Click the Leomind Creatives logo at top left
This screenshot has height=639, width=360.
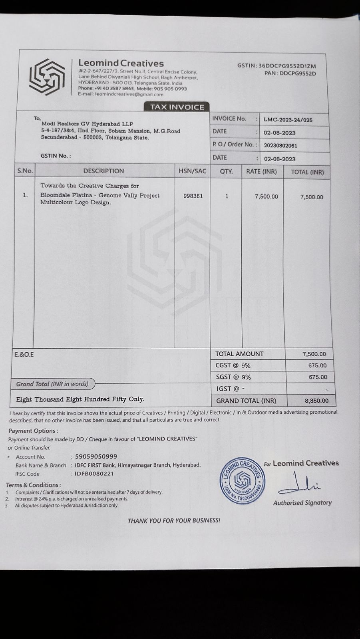[x=47, y=77]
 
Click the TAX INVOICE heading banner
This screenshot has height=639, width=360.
[x=177, y=107]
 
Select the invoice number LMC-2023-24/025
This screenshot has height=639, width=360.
[x=288, y=120]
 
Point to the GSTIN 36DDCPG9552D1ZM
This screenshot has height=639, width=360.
[x=287, y=66]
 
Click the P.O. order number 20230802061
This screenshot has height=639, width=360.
[x=280, y=146]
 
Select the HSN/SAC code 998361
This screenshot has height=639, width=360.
[x=193, y=196]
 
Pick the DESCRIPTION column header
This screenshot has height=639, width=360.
[x=103, y=171]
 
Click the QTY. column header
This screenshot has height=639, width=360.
[x=226, y=171]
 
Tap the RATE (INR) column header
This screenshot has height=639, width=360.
[x=261, y=171]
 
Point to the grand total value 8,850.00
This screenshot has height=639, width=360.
[x=316, y=401]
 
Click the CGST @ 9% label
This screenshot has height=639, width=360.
[x=233, y=365]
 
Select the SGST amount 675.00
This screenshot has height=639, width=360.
[x=318, y=377]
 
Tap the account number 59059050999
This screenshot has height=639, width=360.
[x=96, y=456]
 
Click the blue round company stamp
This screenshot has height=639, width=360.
[x=243, y=481]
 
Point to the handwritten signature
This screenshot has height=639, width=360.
[x=300, y=484]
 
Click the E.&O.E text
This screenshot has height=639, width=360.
[x=24, y=354]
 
